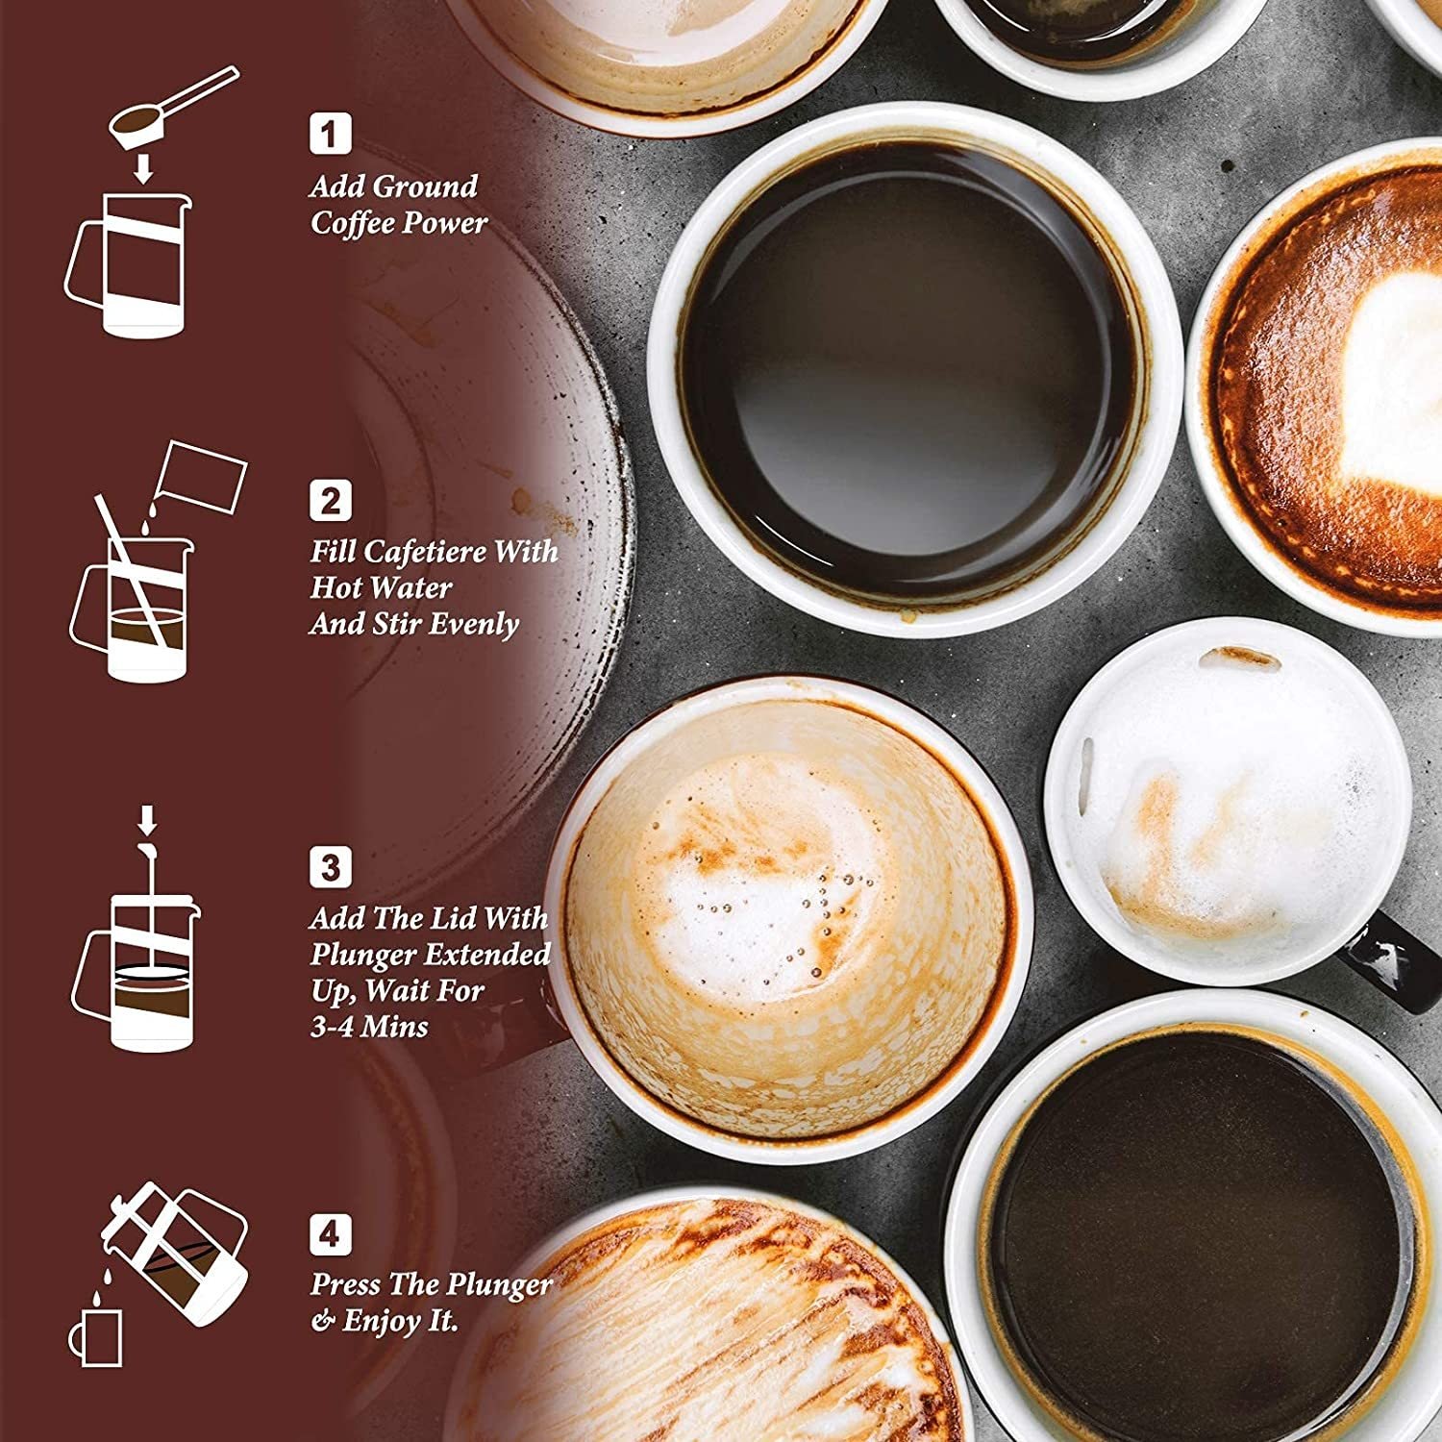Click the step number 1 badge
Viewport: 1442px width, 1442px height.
pyautogui.click(x=330, y=134)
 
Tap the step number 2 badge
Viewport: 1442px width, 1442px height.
pyautogui.click(x=330, y=500)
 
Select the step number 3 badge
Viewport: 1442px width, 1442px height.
pyautogui.click(x=330, y=867)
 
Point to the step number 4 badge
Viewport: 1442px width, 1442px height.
pyautogui.click(x=330, y=1233)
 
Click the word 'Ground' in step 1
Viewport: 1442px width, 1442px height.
pyautogui.click(x=424, y=186)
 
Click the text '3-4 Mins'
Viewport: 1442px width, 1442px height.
pyautogui.click(x=369, y=1027)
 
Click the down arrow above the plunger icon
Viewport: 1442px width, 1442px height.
pyautogui.click(x=146, y=820)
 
